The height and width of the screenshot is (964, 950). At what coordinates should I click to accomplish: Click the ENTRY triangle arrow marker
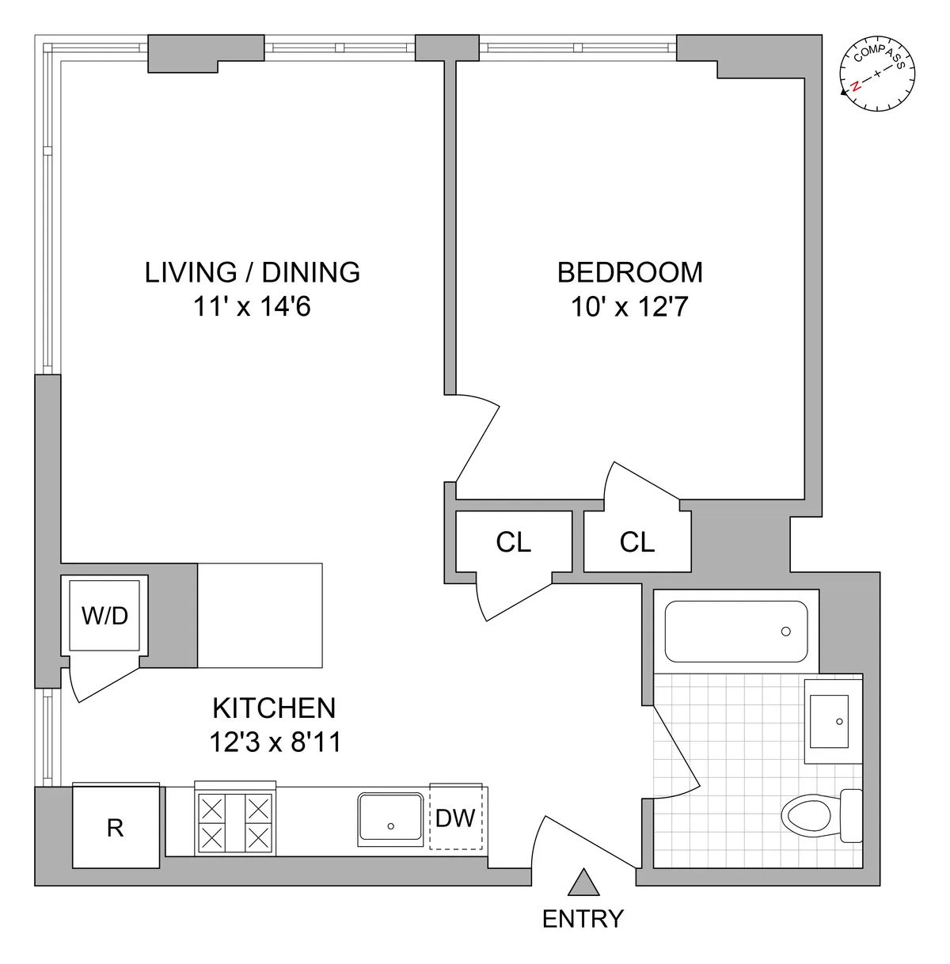[583, 883]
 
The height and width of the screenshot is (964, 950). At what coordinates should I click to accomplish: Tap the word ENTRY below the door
[583, 919]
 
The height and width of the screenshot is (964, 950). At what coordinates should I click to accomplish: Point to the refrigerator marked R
[116, 827]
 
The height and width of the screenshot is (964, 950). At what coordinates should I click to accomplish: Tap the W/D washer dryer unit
[105, 615]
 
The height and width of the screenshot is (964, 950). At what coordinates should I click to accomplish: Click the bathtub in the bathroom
[736, 632]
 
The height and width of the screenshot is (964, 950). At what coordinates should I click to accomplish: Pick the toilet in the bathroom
[815, 815]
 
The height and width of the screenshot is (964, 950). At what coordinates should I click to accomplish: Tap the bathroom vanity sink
[827, 720]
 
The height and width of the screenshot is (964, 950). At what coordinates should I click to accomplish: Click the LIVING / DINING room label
[253, 272]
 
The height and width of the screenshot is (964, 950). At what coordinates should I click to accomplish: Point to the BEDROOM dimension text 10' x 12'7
[629, 307]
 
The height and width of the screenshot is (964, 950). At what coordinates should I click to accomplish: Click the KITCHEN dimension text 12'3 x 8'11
[275, 742]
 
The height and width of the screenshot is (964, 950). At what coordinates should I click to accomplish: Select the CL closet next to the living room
[513, 542]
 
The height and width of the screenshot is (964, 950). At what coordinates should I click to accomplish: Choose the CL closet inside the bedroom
[637, 542]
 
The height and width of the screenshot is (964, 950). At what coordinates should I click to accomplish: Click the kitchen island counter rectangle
[260, 615]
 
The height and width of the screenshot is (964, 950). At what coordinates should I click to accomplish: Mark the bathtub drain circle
[785, 632]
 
